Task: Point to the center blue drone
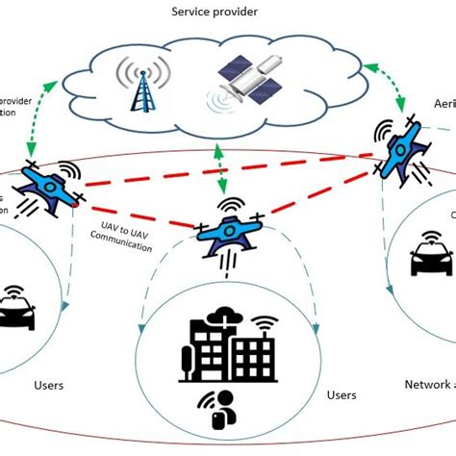(x=228, y=230)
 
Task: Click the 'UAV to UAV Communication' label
(x=126, y=241)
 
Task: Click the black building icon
(x=220, y=345)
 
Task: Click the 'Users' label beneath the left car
(x=47, y=385)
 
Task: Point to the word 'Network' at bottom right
(x=422, y=385)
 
